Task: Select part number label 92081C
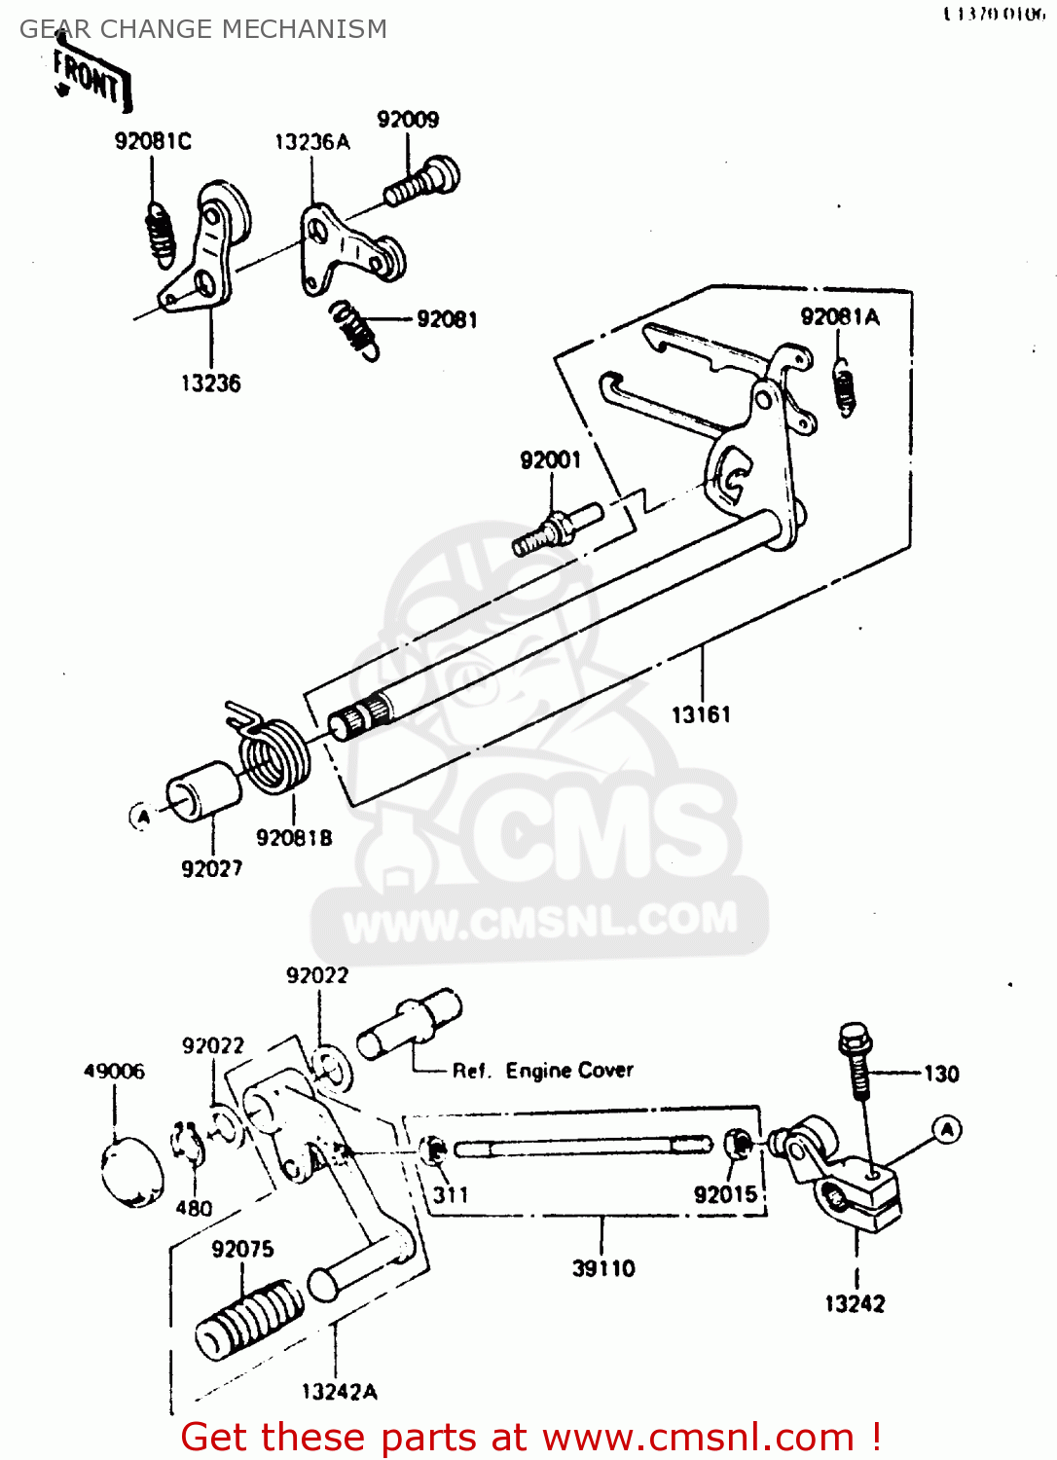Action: click(x=153, y=141)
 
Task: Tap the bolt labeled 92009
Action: click(x=422, y=183)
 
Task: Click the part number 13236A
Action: click(x=311, y=142)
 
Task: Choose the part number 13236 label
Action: click(x=210, y=383)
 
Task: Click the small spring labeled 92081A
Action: click(x=846, y=386)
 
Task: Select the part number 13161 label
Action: click(x=701, y=715)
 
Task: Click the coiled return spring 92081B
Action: click(x=273, y=753)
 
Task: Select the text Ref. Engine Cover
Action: click(x=542, y=1071)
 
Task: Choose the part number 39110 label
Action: click(x=603, y=1268)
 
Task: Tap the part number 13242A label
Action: click(x=339, y=1392)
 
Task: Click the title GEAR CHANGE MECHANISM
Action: click(x=203, y=29)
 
